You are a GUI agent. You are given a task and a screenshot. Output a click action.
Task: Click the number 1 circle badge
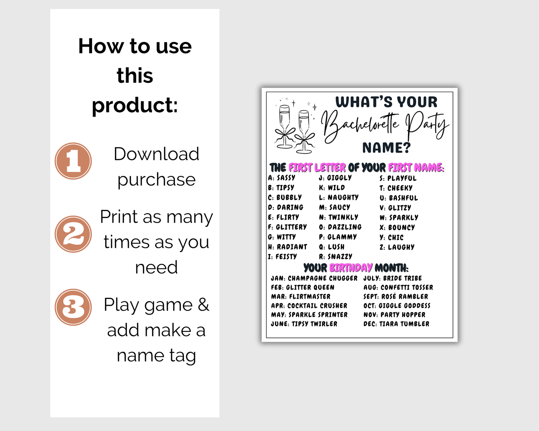(73, 161)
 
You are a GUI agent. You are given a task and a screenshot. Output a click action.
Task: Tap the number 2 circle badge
(73, 234)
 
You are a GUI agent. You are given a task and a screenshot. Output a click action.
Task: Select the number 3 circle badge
(73, 307)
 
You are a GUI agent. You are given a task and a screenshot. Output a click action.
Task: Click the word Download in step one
(156, 154)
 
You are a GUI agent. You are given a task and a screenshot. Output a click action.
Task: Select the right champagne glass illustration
(304, 132)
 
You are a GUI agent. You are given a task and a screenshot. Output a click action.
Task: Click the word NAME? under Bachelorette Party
(386, 148)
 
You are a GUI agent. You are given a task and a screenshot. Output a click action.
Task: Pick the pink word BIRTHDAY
(351, 268)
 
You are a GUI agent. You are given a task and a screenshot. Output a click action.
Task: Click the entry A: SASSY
(282, 178)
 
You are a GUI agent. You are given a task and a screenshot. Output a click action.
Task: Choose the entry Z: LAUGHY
(397, 247)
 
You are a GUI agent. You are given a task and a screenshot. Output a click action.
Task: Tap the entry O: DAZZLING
(340, 227)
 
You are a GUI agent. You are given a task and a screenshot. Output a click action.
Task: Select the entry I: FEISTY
(282, 257)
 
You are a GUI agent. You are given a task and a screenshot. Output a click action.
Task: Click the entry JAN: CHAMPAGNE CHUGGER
(314, 278)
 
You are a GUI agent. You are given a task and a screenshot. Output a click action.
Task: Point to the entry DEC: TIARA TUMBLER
(396, 324)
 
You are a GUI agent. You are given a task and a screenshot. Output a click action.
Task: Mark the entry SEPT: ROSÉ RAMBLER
(396, 296)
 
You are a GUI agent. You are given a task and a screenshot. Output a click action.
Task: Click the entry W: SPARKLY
(399, 218)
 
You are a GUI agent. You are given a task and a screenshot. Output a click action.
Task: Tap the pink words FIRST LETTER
(317, 167)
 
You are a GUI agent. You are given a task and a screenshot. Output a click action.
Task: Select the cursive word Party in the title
(427, 126)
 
